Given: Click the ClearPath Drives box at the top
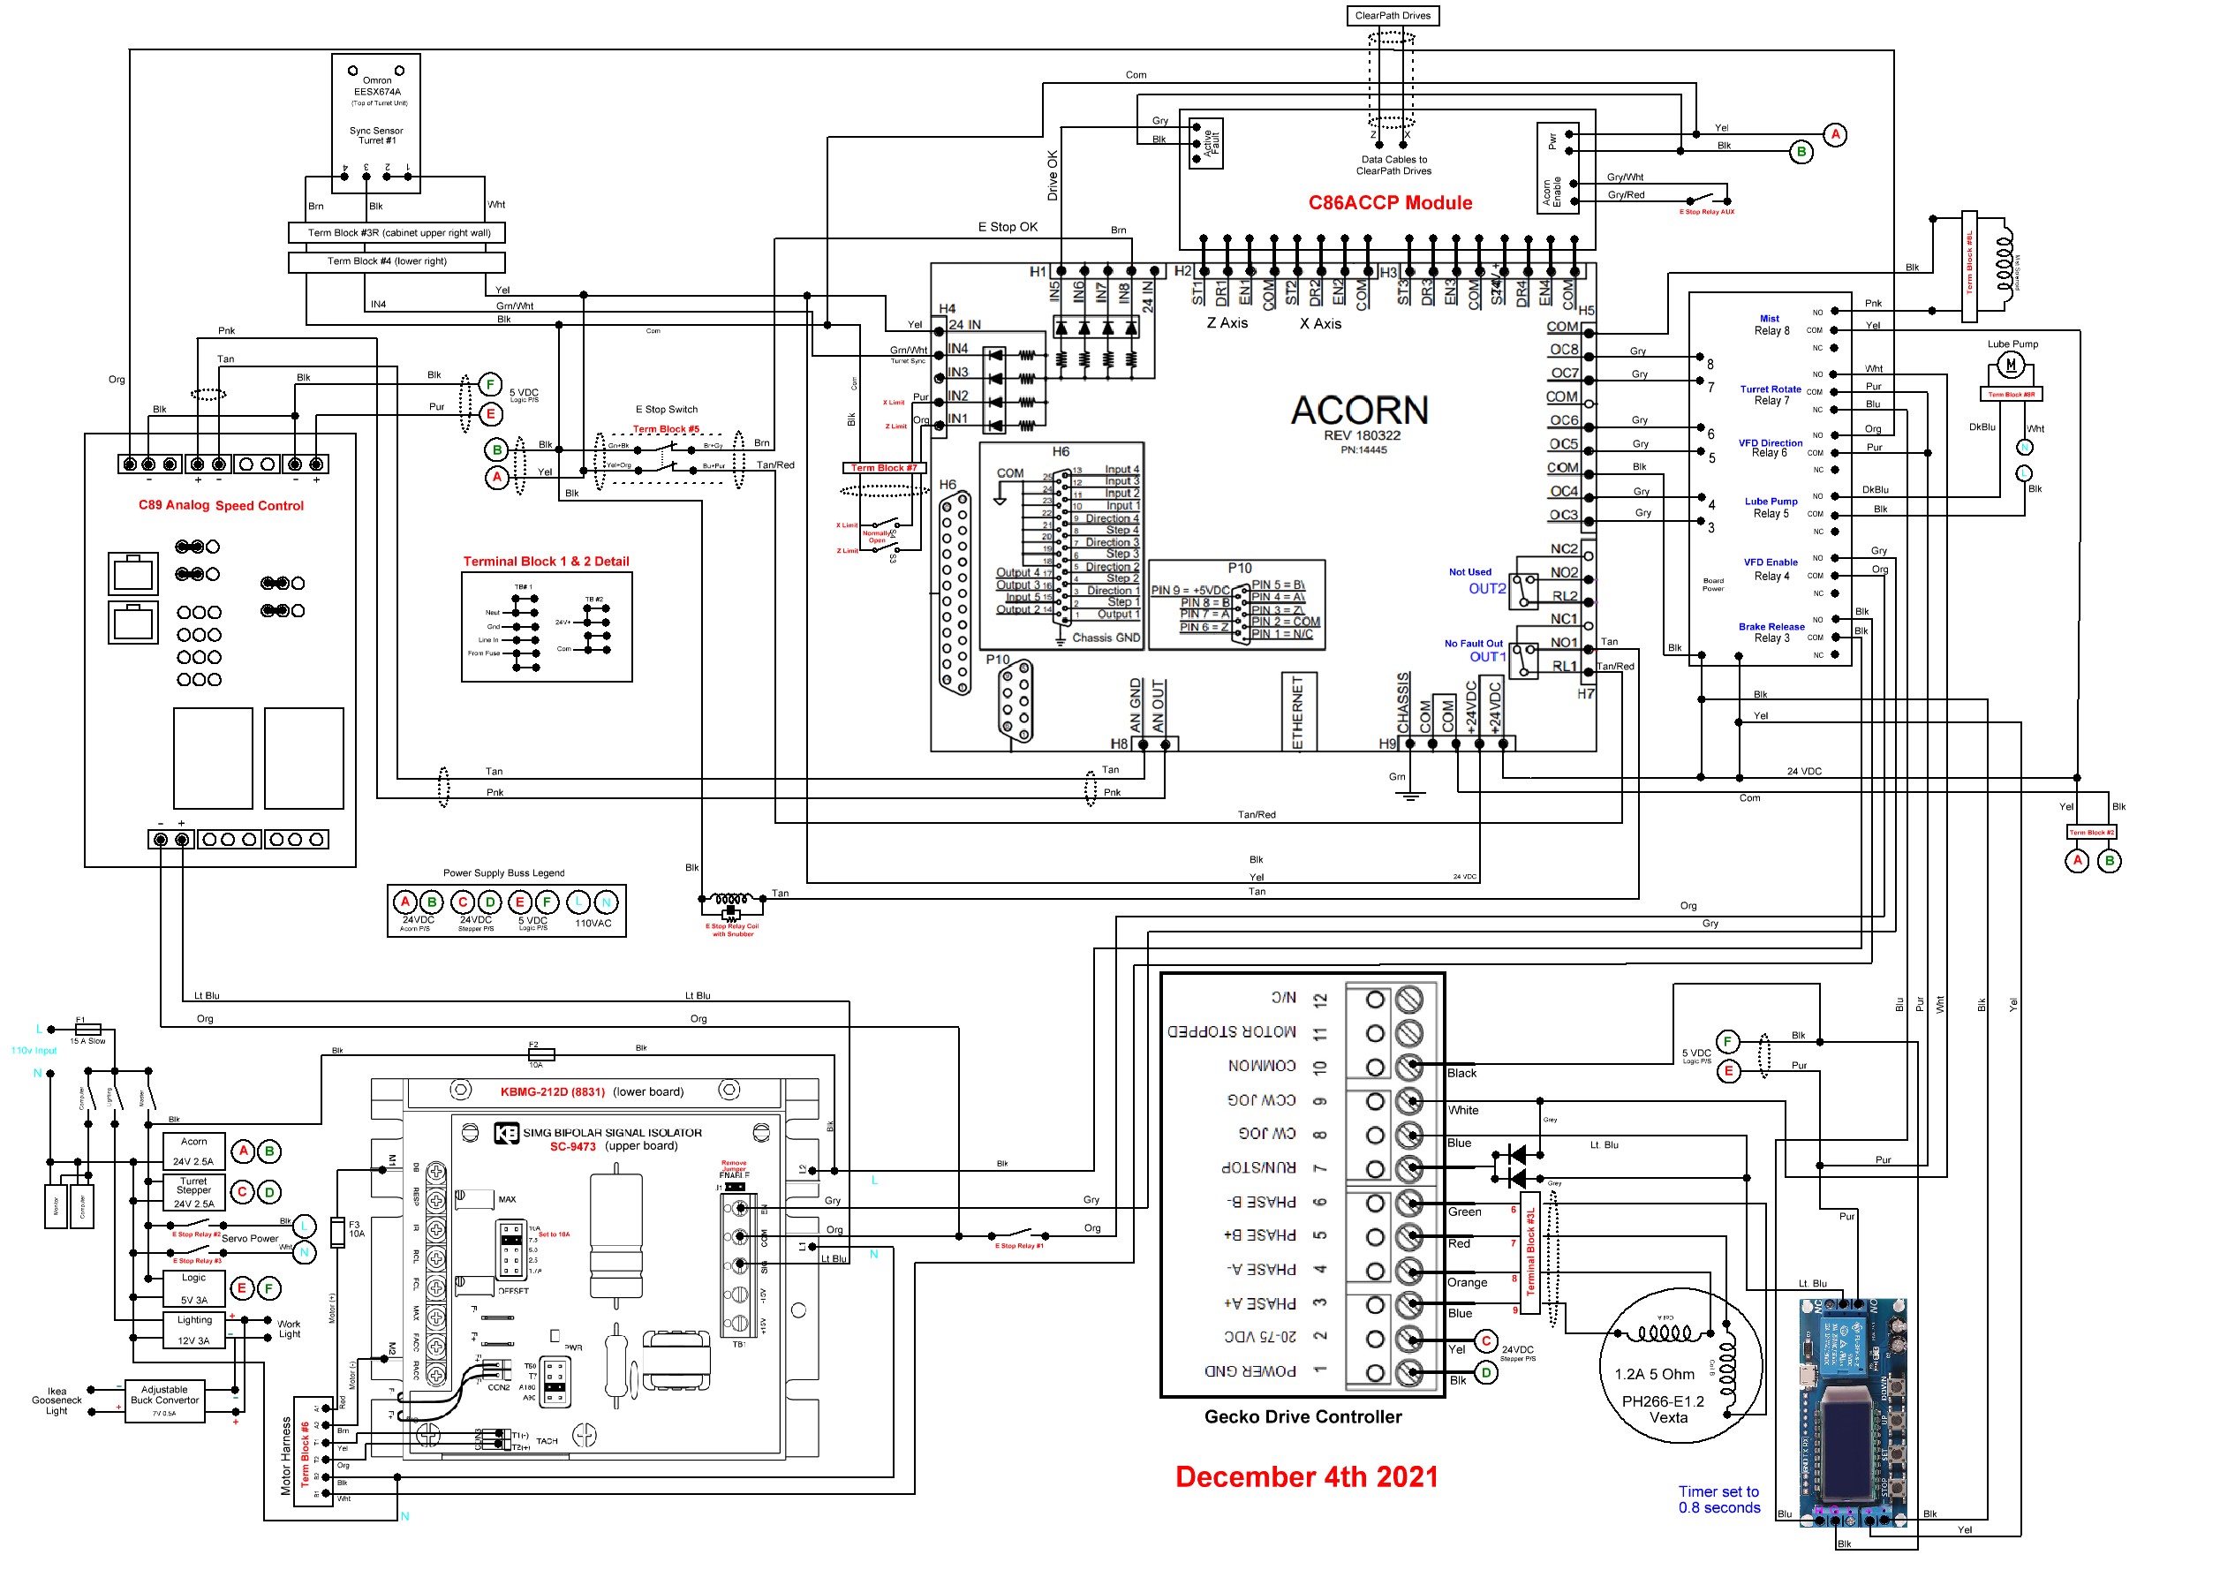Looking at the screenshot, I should pos(1393,16).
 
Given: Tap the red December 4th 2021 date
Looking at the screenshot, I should pos(1306,1477).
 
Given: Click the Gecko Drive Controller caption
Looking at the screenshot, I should pos(1303,1417).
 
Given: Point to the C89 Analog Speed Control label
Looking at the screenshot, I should pos(221,506).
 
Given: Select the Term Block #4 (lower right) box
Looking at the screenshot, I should pos(396,261).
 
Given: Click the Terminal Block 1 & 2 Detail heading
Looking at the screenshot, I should pos(546,562).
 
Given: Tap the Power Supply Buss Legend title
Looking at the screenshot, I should pos(503,873).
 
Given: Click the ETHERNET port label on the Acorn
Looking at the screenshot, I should pos(1297,713).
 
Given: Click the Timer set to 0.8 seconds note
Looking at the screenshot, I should pos(1718,1500).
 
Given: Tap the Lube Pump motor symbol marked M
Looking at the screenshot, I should pos(2010,366).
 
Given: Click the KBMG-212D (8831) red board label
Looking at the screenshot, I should pos(552,1092).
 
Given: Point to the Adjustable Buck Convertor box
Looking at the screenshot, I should pos(164,1400).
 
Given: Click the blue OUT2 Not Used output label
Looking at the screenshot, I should pos(1486,589).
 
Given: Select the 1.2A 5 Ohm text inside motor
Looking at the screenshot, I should pos(1653,1375).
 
